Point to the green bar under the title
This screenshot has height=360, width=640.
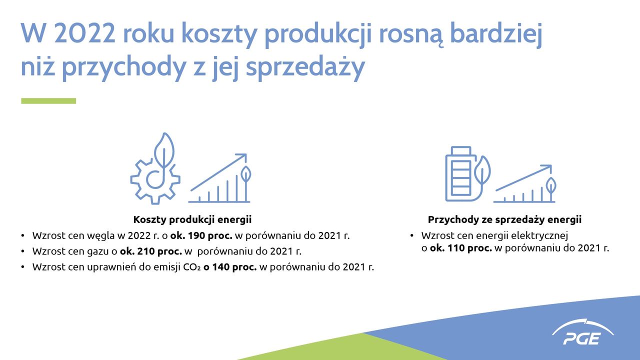(48, 101)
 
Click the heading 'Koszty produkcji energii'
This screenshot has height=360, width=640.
(192, 219)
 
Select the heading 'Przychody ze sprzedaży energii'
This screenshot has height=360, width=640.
(504, 219)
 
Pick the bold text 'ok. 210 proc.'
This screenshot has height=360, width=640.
(150, 251)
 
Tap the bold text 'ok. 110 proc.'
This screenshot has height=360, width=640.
(460, 248)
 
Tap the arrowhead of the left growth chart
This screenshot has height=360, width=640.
(242, 157)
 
